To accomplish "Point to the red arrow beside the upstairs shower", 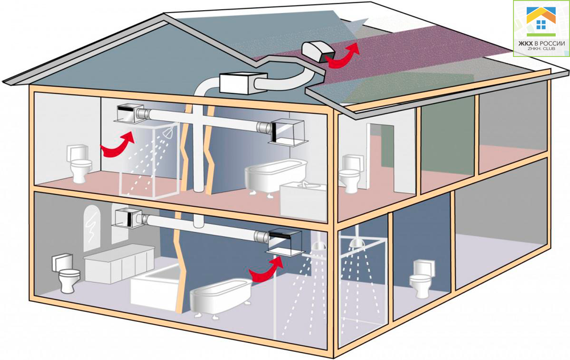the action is click(x=116, y=145).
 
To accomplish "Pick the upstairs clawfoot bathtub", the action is click(x=275, y=177).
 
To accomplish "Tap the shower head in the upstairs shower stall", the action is click(x=167, y=133).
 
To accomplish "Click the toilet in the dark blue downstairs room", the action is click(x=421, y=279).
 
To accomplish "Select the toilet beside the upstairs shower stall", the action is click(x=80, y=164).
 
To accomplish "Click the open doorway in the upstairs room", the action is click(x=381, y=156).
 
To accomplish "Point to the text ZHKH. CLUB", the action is click(x=541, y=48).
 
